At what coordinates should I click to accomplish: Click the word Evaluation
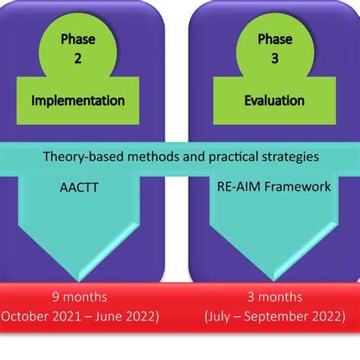274,101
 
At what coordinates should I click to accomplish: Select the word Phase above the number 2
77,39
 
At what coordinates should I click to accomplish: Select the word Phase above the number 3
274,39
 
